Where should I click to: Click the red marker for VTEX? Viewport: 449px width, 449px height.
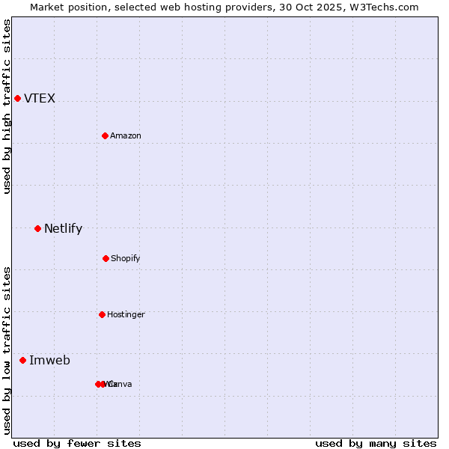click(x=17, y=98)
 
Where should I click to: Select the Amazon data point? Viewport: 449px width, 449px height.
click(x=105, y=135)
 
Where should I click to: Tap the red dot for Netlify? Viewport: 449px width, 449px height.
click(x=37, y=228)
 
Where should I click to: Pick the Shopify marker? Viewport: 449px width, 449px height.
click(x=106, y=258)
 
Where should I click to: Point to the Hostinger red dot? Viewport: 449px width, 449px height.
click(x=102, y=314)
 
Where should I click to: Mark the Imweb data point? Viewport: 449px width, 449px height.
click(x=22, y=360)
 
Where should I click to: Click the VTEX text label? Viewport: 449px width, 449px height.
click(x=40, y=98)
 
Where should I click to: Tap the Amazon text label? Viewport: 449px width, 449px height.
click(x=126, y=135)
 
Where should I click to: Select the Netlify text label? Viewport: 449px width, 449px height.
click(x=63, y=228)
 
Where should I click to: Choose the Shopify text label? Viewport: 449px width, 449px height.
click(x=126, y=258)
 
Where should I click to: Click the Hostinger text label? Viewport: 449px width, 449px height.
click(x=126, y=314)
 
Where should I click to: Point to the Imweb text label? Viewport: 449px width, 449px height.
click(x=49, y=360)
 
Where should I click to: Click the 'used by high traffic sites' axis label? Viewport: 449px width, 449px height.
click(x=7, y=106)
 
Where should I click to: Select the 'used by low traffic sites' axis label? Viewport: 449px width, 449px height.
click(x=7, y=350)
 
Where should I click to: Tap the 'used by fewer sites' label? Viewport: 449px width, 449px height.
click(x=77, y=443)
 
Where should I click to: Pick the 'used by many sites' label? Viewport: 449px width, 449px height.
click(x=376, y=443)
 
